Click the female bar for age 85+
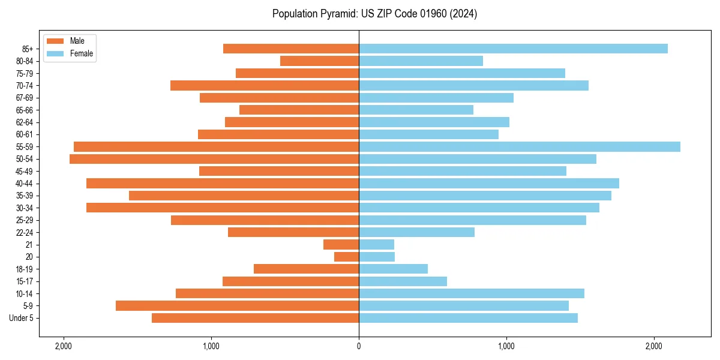tap(513, 49)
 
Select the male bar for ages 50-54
tap(214, 159)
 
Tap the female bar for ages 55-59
tap(520, 146)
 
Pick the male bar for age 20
tap(347, 257)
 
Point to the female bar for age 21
tap(377, 245)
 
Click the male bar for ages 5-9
tap(237, 306)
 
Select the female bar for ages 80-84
tap(421, 61)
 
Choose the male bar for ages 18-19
tap(306, 269)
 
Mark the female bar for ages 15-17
tap(403, 281)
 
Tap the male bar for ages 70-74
tap(265, 85)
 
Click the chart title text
tap(374, 14)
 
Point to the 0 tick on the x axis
tap(359, 346)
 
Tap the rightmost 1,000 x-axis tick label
tap(506, 346)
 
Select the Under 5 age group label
tap(22, 318)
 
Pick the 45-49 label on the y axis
tap(25, 171)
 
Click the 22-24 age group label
tap(25, 232)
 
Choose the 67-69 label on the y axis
tap(25, 98)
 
